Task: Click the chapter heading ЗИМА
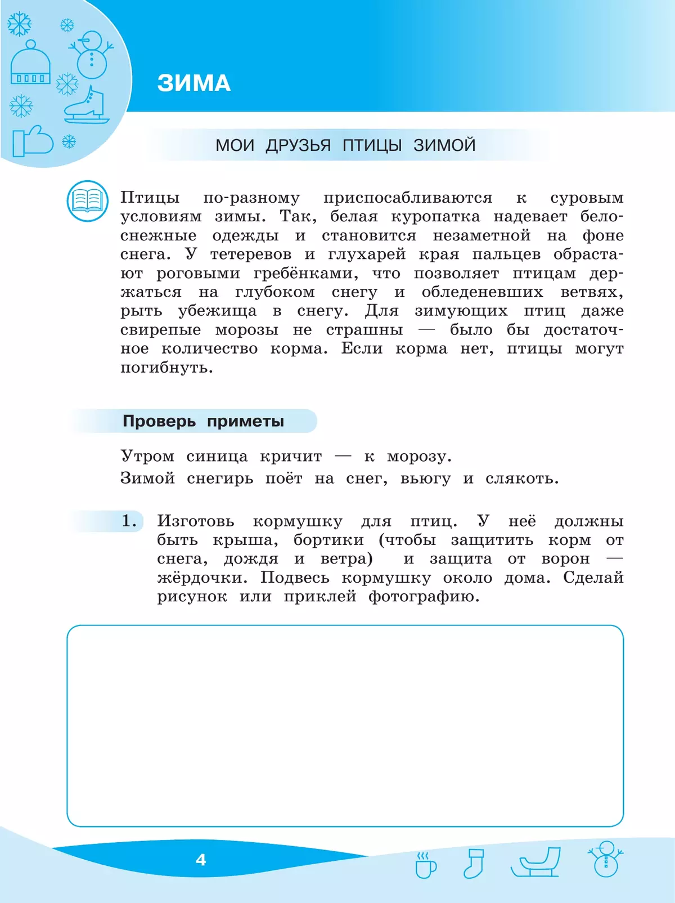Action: pyautogui.click(x=193, y=83)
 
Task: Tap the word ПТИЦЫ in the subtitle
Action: pyautogui.click(x=372, y=145)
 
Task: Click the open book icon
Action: pyautogui.click(x=87, y=200)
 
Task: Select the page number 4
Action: pyautogui.click(x=201, y=860)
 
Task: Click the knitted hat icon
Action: pyautogui.click(x=30, y=64)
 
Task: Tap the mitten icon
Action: pyautogui.click(x=32, y=141)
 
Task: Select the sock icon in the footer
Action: pyautogui.click(x=473, y=862)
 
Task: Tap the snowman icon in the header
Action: pyautogui.click(x=92, y=55)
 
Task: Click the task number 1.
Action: pyautogui.click(x=129, y=521)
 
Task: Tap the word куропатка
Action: pyautogui.click(x=435, y=217)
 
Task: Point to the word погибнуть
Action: pyautogui.click(x=166, y=368)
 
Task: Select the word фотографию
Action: pyautogui.click(x=424, y=597)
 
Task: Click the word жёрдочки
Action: pyautogui.click(x=202, y=578)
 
